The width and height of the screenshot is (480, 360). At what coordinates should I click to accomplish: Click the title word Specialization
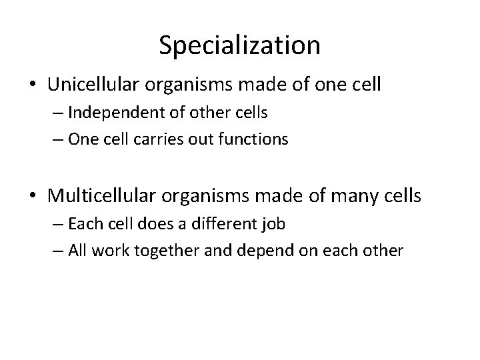[x=240, y=45]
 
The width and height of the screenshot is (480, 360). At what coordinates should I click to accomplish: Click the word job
[x=274, y=225]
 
